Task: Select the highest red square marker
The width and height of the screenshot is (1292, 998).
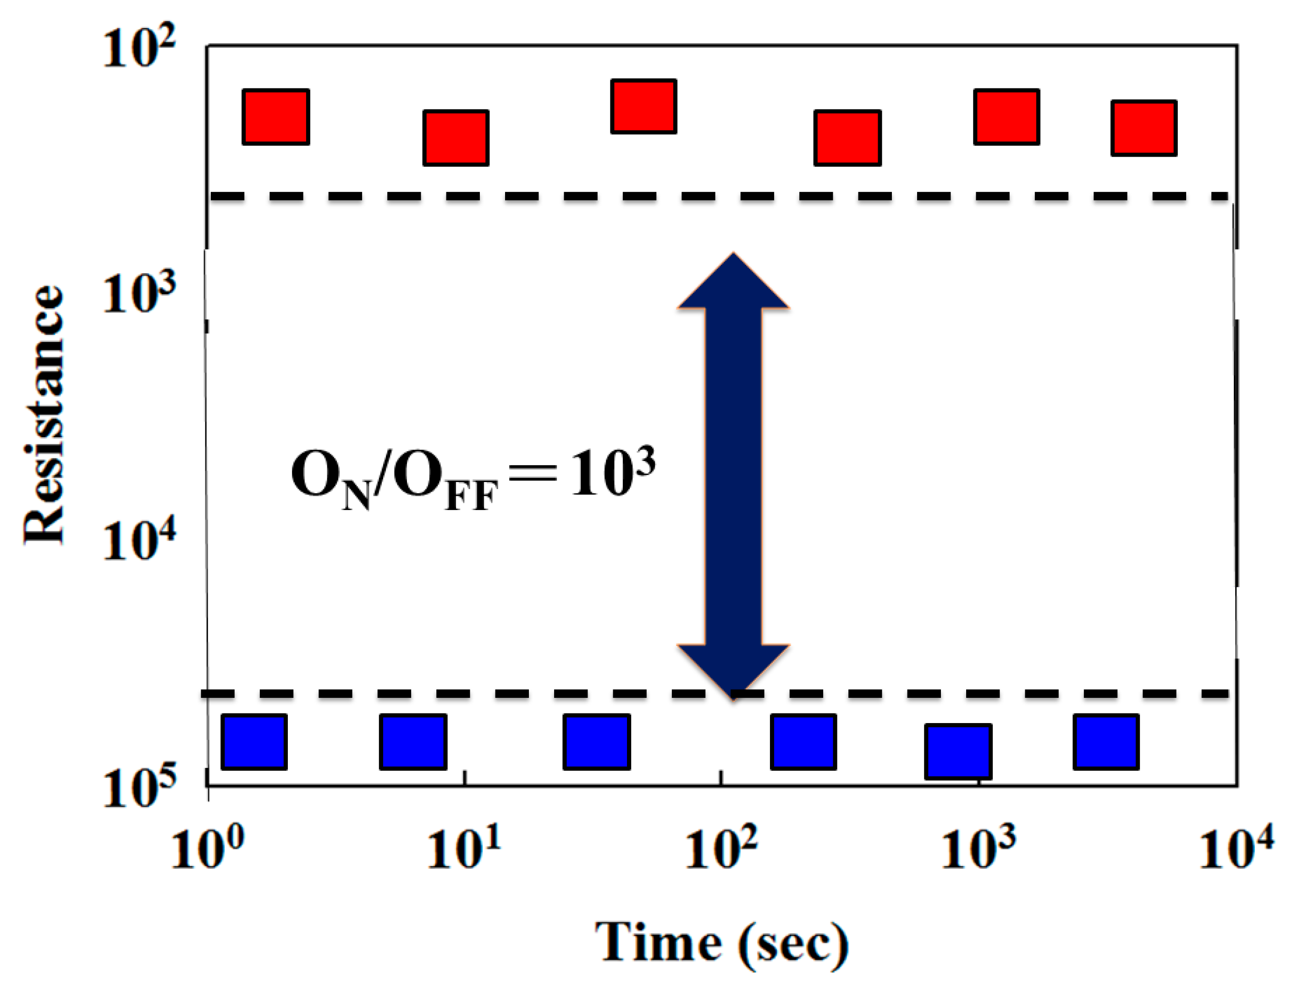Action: pyautogui.click(x=643, y=106)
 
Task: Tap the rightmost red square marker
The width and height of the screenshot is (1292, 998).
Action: pyautogui.click(x=1144, y=128)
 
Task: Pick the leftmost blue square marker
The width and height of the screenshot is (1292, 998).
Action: pyautogui.click(x=254, y=742)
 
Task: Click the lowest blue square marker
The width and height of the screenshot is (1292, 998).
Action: pyautogui.click(x=958, y=751)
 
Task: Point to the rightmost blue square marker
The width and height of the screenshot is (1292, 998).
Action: pyautogui.click(x=1105, y=742)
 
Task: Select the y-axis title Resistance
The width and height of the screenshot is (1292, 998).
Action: pyautogui.click(x=44, y=414)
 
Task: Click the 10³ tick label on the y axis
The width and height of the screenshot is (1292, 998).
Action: pyautogui.click(x=139, y=293)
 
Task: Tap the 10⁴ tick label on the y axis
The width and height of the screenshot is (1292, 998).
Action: pyautogui.click(x=139, y=539)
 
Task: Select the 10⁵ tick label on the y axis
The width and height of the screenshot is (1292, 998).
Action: pyautogui.click(x=139, y=787)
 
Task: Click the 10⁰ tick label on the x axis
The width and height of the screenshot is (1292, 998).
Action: pyautogui.click(x=207, y=847)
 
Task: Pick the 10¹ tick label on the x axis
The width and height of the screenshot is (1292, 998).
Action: pyautogui.click(x=464, y=847)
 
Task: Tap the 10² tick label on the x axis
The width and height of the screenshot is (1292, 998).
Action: pyautogui.click(x=720, y=847)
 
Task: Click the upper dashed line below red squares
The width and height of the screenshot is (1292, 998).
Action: pyautogui.click(x=473, y=196)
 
